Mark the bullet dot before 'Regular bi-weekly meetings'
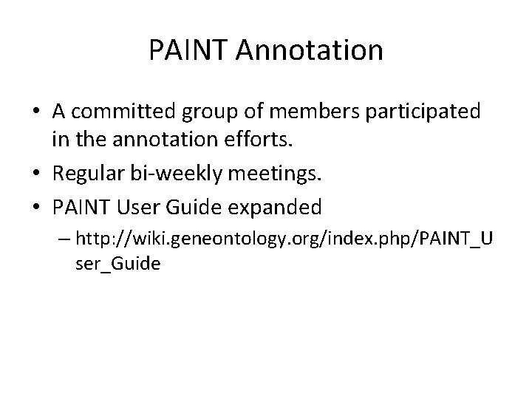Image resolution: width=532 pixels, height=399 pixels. coord(36,173)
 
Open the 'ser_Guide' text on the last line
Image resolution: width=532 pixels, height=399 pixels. coord(117,264)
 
